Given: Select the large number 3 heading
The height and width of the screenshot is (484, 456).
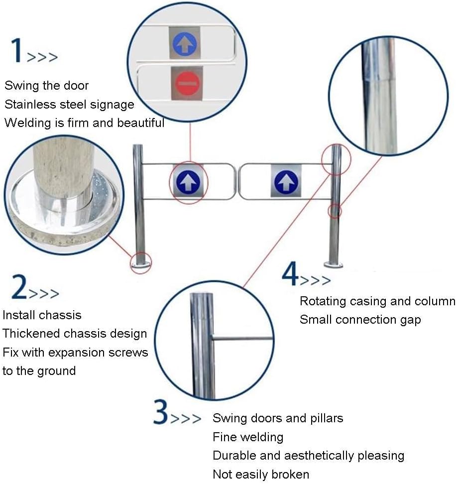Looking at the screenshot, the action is [161, 412].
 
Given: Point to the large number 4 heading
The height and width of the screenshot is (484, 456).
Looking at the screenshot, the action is [290, 273].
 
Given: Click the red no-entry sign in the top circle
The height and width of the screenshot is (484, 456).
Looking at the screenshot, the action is [187, 83].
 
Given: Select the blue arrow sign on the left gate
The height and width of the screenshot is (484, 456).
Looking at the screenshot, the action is [188, 182].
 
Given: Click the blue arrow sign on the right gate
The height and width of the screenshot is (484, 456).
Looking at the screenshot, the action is [286, 181].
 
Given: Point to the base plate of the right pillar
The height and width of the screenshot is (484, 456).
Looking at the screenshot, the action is [334, 264].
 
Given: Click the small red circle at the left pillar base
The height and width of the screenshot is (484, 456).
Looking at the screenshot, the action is [141, 262].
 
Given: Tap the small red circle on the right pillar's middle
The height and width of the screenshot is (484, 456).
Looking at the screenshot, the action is [335, 211].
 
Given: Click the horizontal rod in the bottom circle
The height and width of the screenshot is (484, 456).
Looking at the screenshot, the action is [242, 339].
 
